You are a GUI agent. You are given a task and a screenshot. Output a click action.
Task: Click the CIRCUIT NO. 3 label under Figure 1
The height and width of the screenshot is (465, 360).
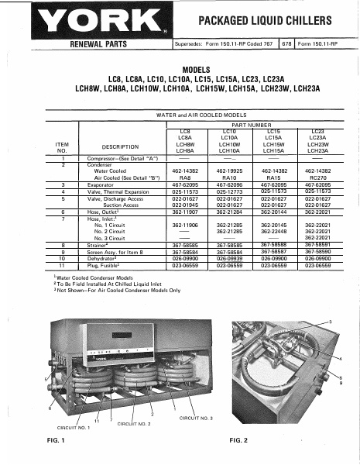tap(196, 418)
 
